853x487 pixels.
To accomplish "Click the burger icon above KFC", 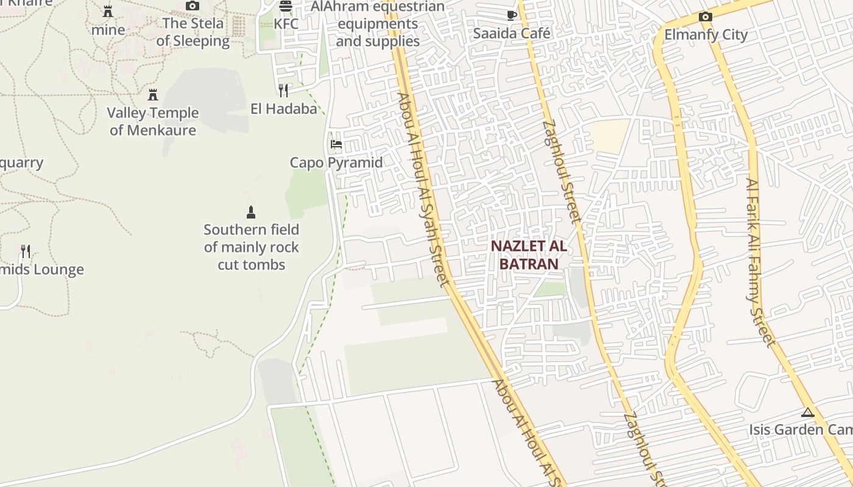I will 286,6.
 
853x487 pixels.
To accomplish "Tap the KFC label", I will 286,24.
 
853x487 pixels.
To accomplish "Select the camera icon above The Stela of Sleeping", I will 193,5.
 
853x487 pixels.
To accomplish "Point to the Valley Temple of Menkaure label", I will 153,121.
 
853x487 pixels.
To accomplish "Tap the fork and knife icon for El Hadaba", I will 283,91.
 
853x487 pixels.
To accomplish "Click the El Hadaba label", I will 284,109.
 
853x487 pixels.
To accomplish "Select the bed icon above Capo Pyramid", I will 336,144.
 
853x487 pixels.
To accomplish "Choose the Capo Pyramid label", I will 336,163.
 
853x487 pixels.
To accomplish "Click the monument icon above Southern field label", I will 250,212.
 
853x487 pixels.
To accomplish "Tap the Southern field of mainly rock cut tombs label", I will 252,247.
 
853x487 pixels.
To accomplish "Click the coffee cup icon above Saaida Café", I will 512,15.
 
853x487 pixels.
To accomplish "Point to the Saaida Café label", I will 512,33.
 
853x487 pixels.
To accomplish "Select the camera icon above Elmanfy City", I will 706,16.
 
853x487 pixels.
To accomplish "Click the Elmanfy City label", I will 706,35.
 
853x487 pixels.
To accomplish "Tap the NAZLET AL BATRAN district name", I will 529,255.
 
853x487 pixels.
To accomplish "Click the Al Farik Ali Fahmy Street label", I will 761,262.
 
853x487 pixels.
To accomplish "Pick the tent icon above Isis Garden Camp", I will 808,412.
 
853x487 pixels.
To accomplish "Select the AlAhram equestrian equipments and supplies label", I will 378,24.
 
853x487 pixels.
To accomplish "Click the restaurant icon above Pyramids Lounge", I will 26,251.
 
